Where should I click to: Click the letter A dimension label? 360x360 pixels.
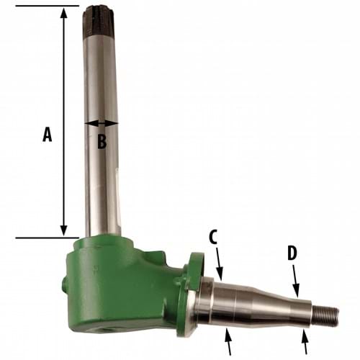pyautogui.click(x=47, y=135)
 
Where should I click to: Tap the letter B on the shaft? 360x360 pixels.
pyautogui.click(x=102, y=142)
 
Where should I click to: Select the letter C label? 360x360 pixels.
pyautogui.click(x=213, y=237)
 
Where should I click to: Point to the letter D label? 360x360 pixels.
pyautogui.click(x=292, y=253)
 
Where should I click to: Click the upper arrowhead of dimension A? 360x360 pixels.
pyautogui.click(x=64, y=13)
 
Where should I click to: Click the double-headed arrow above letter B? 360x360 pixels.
pyautogui.click(x=101, y=124)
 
